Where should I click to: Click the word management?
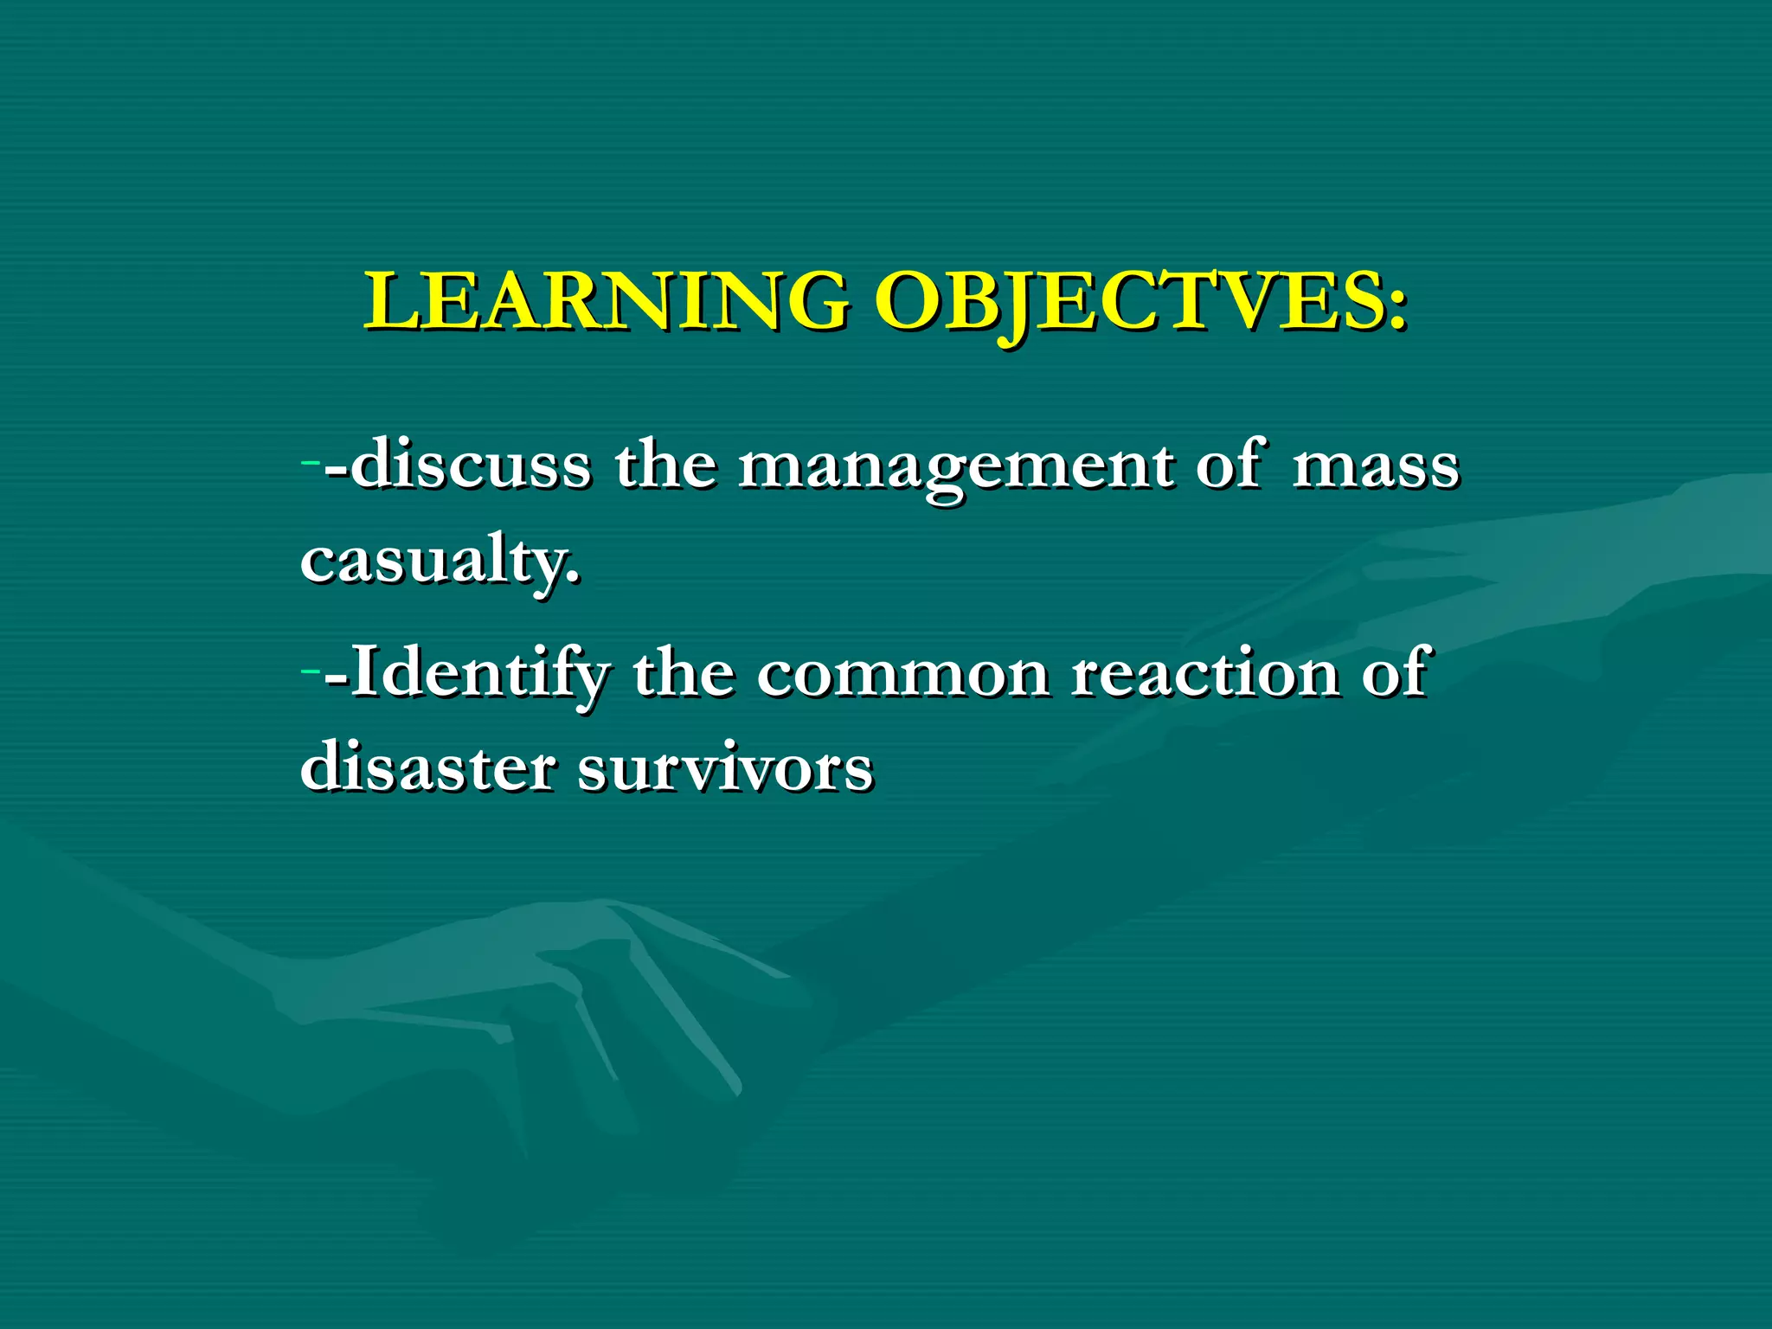pyautogui.click(x=956, y=467)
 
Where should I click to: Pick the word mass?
pyautogui.click(x=1376, y=467)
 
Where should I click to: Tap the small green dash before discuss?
pyautogui.click(x=310, y=462)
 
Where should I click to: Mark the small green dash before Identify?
pyautogui.click(x=310, y=670)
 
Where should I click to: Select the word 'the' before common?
pyautogui.click(x=684, y=673)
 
